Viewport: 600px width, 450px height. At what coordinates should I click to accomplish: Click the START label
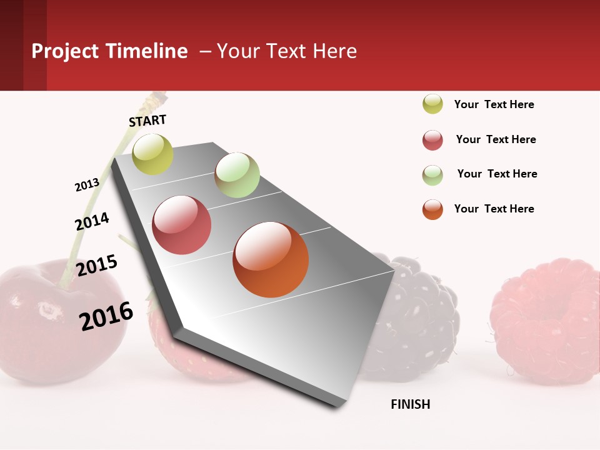tap(147, 121)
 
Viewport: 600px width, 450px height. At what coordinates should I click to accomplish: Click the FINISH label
tap(411, 404)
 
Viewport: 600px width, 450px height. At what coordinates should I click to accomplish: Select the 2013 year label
tap(87, 185)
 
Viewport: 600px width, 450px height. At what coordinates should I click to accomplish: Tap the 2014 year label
tap(92, 221)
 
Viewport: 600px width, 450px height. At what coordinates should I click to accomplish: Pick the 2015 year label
tap(97, 266)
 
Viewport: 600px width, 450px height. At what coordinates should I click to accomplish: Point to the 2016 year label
tap(106, 316)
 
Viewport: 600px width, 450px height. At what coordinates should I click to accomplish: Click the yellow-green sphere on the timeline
tap(152, 154)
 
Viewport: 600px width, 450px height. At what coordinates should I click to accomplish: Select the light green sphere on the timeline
tap(237, 175)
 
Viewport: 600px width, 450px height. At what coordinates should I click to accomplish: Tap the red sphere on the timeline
tap(182, 225)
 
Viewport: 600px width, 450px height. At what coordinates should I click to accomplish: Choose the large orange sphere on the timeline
tap(271, 259)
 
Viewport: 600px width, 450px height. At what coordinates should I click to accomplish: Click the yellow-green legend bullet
tap(432, 104)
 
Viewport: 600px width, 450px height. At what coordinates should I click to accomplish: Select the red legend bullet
tap(432, 140)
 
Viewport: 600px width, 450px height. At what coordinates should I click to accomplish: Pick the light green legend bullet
tap(432, 175)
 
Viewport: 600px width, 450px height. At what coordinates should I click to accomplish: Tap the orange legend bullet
tap(432, 209)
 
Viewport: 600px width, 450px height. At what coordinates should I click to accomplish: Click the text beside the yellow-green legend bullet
tap(494, 104)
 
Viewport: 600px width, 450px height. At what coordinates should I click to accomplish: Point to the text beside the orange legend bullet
tap(494, 209)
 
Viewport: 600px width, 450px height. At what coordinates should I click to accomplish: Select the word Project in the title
tap(66, 51)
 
